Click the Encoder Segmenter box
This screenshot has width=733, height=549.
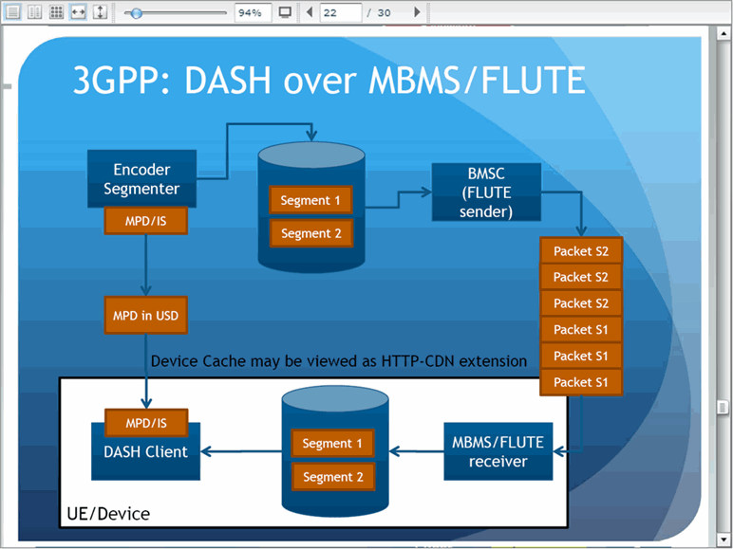(141, 179)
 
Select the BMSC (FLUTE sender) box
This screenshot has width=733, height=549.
(486, 192)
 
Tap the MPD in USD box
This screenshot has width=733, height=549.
(146, 315)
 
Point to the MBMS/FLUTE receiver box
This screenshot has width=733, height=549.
(498, 451)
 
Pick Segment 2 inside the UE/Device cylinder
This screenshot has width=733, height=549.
(333, 477)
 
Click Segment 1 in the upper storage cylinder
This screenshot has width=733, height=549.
(310, 200)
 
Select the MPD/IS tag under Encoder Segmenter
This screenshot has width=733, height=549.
(146, 221)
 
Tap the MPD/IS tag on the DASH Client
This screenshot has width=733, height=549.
(146, 423)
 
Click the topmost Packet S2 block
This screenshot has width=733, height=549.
(581, 250)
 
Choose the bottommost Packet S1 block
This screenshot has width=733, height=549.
(581, 382)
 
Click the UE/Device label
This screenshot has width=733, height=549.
(108, 514)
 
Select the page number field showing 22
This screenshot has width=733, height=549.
(341, 12)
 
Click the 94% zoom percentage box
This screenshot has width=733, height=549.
(253, 12)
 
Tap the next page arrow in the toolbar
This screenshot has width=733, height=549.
(418, 12)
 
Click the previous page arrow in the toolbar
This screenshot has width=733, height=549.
(309, 12)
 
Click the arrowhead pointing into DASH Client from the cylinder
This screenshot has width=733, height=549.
(207, 451)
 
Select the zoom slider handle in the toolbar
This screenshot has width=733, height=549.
(136, 13)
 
